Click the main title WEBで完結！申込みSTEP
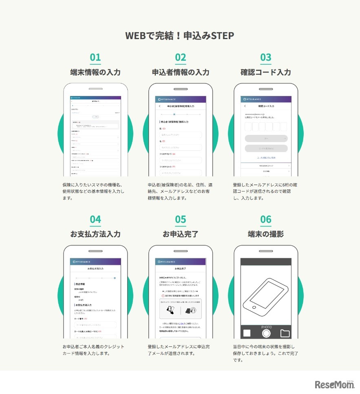tap(180, 36)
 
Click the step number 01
tap(95, 57)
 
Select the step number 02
tap(180, 57)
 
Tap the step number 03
tap(265, 57)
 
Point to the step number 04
tap(95, 220)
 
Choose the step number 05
tap(180, 220)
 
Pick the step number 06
tap(265, 220)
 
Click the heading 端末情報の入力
tap(95, 73)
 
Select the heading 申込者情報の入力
tap(180, 73)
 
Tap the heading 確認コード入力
tap(265, 73)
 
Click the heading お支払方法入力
tap(95, 234)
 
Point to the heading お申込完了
tap(180, 234)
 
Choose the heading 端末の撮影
tap(265, 234)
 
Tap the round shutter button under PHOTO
tap(266, 333)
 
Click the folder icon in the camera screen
tap(285, 333)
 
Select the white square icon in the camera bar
tap(247, 333)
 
